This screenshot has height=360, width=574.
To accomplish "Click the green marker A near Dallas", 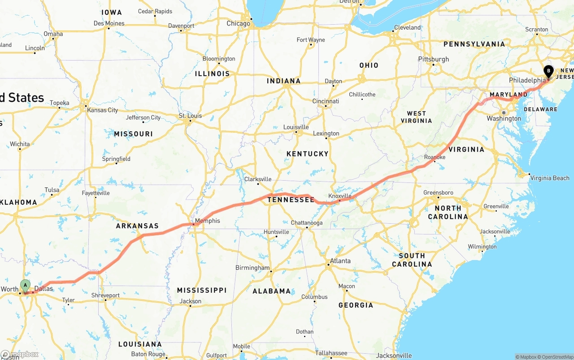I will [x=26, y=285].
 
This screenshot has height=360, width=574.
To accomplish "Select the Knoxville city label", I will [x=340, y=196].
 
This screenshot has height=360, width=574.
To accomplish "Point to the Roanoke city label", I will [x=435, y=157].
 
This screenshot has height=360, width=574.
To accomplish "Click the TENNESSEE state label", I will [x=291, y=200].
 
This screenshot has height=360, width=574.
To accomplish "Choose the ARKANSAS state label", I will [x=137, y=226].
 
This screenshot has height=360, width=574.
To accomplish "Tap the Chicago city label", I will [x=238, y=23].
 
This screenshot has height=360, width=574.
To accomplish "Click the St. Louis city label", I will [x=191, y=116].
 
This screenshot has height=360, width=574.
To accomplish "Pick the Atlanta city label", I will [x=340, y=261].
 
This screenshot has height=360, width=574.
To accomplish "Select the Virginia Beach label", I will [x=550, y=178].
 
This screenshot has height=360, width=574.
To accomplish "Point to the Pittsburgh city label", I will [x=433, y=59].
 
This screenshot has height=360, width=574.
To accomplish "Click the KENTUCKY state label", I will [x=308, y=154].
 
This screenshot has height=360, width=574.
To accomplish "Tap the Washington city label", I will [x=504, y=118].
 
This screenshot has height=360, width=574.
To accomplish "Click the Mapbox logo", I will [x=20, y=354].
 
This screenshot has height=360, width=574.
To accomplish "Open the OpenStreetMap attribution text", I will [x=557, y=357].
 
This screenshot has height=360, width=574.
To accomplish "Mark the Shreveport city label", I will [x=105, y=295].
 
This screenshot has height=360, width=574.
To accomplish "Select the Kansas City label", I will [x=103, y=110].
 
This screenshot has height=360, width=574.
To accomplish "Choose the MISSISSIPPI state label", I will [x=201, y=290].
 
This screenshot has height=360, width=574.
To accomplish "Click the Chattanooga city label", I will [x=307, y=223].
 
